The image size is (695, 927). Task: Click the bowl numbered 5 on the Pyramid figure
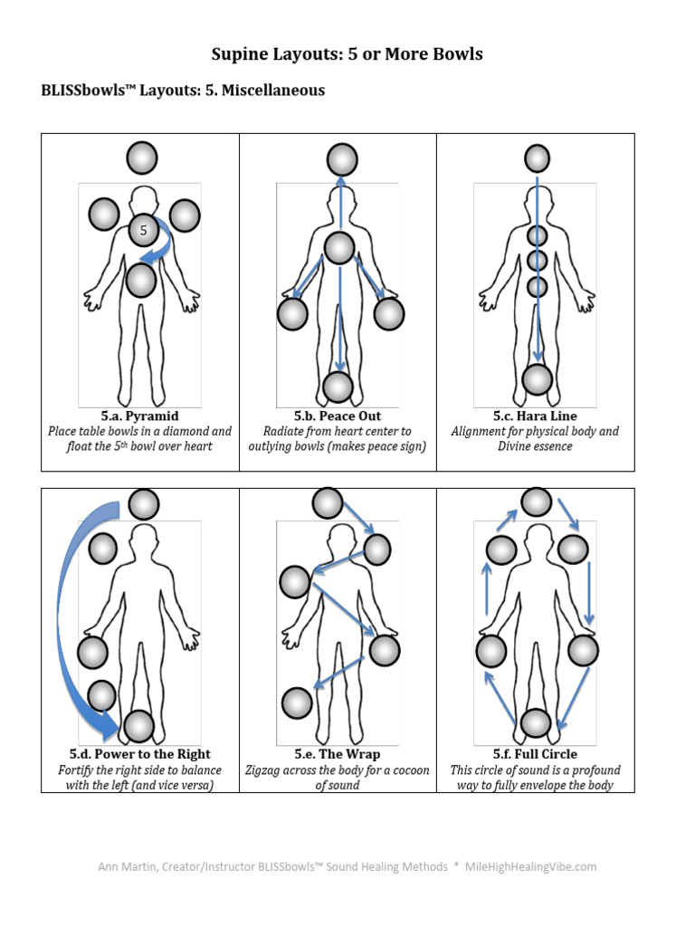[143, 231]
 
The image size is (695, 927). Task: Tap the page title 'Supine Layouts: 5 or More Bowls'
[347, 54]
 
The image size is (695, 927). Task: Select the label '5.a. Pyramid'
[139, 416]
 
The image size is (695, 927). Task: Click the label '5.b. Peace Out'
[338, 416]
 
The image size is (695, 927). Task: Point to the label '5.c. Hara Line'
[535, 416]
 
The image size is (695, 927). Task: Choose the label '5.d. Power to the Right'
[139, 754]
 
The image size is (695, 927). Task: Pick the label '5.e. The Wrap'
[338, 754]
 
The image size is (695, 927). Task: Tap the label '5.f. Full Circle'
[535, 754]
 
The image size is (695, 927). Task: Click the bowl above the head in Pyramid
[142, 158]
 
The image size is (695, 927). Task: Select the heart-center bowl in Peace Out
[338, 248]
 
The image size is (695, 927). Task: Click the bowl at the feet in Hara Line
[538, 379]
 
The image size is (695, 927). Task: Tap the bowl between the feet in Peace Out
[338, 387]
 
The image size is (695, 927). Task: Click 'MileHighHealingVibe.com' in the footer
[531, 866]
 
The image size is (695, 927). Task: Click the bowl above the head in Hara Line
[538, 159]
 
